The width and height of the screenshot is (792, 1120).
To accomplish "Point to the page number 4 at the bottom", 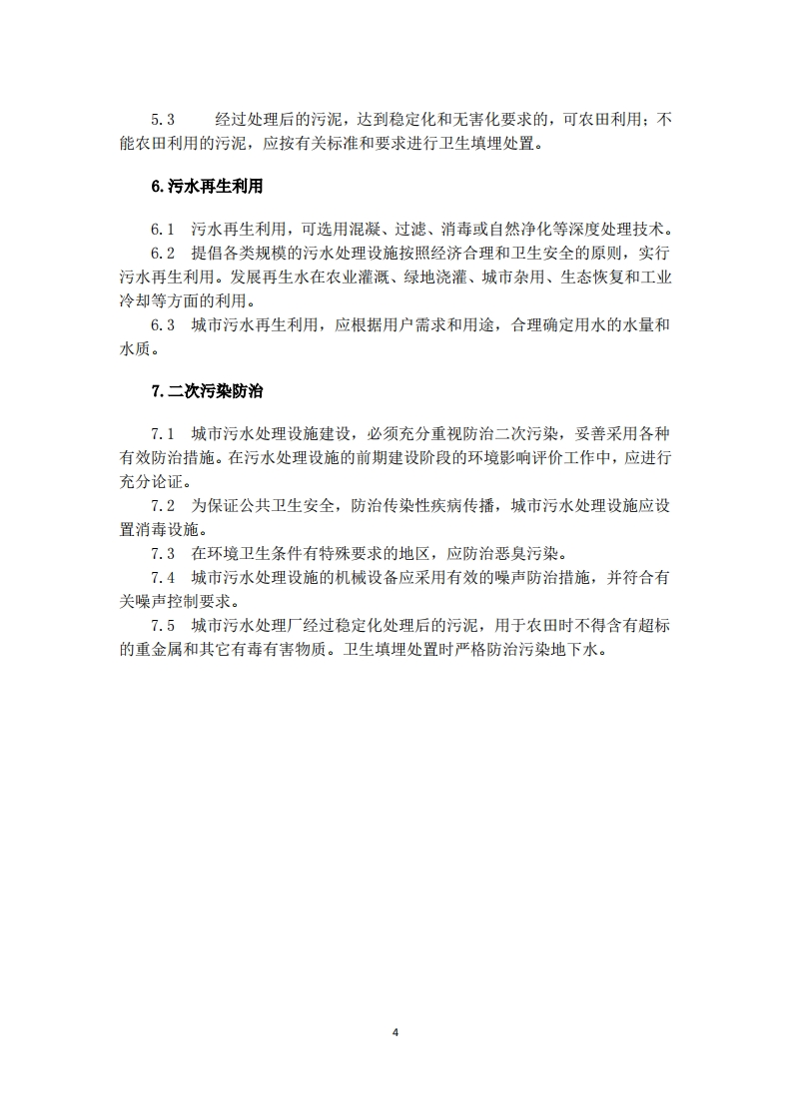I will coord(396,1032).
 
